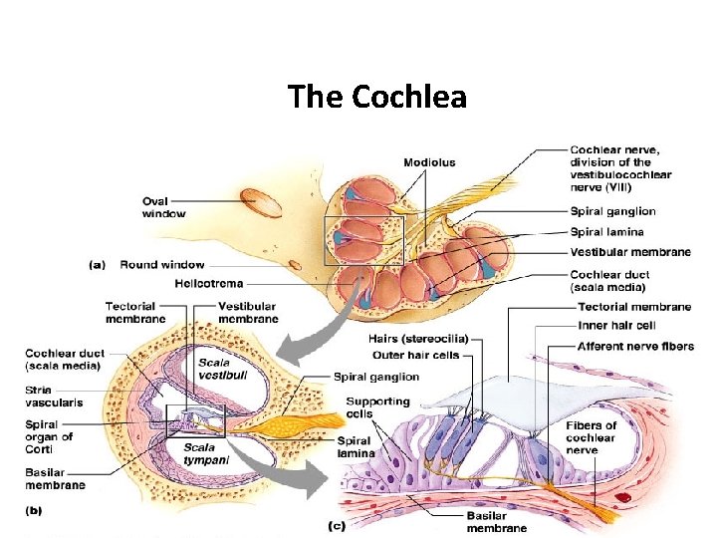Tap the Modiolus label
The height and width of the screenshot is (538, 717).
click(x=429, y=162)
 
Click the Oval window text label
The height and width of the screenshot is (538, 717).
click(x=164, y=207)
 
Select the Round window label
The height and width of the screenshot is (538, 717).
click(x=161, y=265)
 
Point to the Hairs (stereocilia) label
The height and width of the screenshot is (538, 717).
click(x=418, y=339)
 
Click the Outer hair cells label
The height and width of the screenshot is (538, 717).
click(x=415, y=355)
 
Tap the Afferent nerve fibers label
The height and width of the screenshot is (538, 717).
click(x=635, y=346)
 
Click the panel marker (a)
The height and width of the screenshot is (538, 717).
click(x=98, y=265)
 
